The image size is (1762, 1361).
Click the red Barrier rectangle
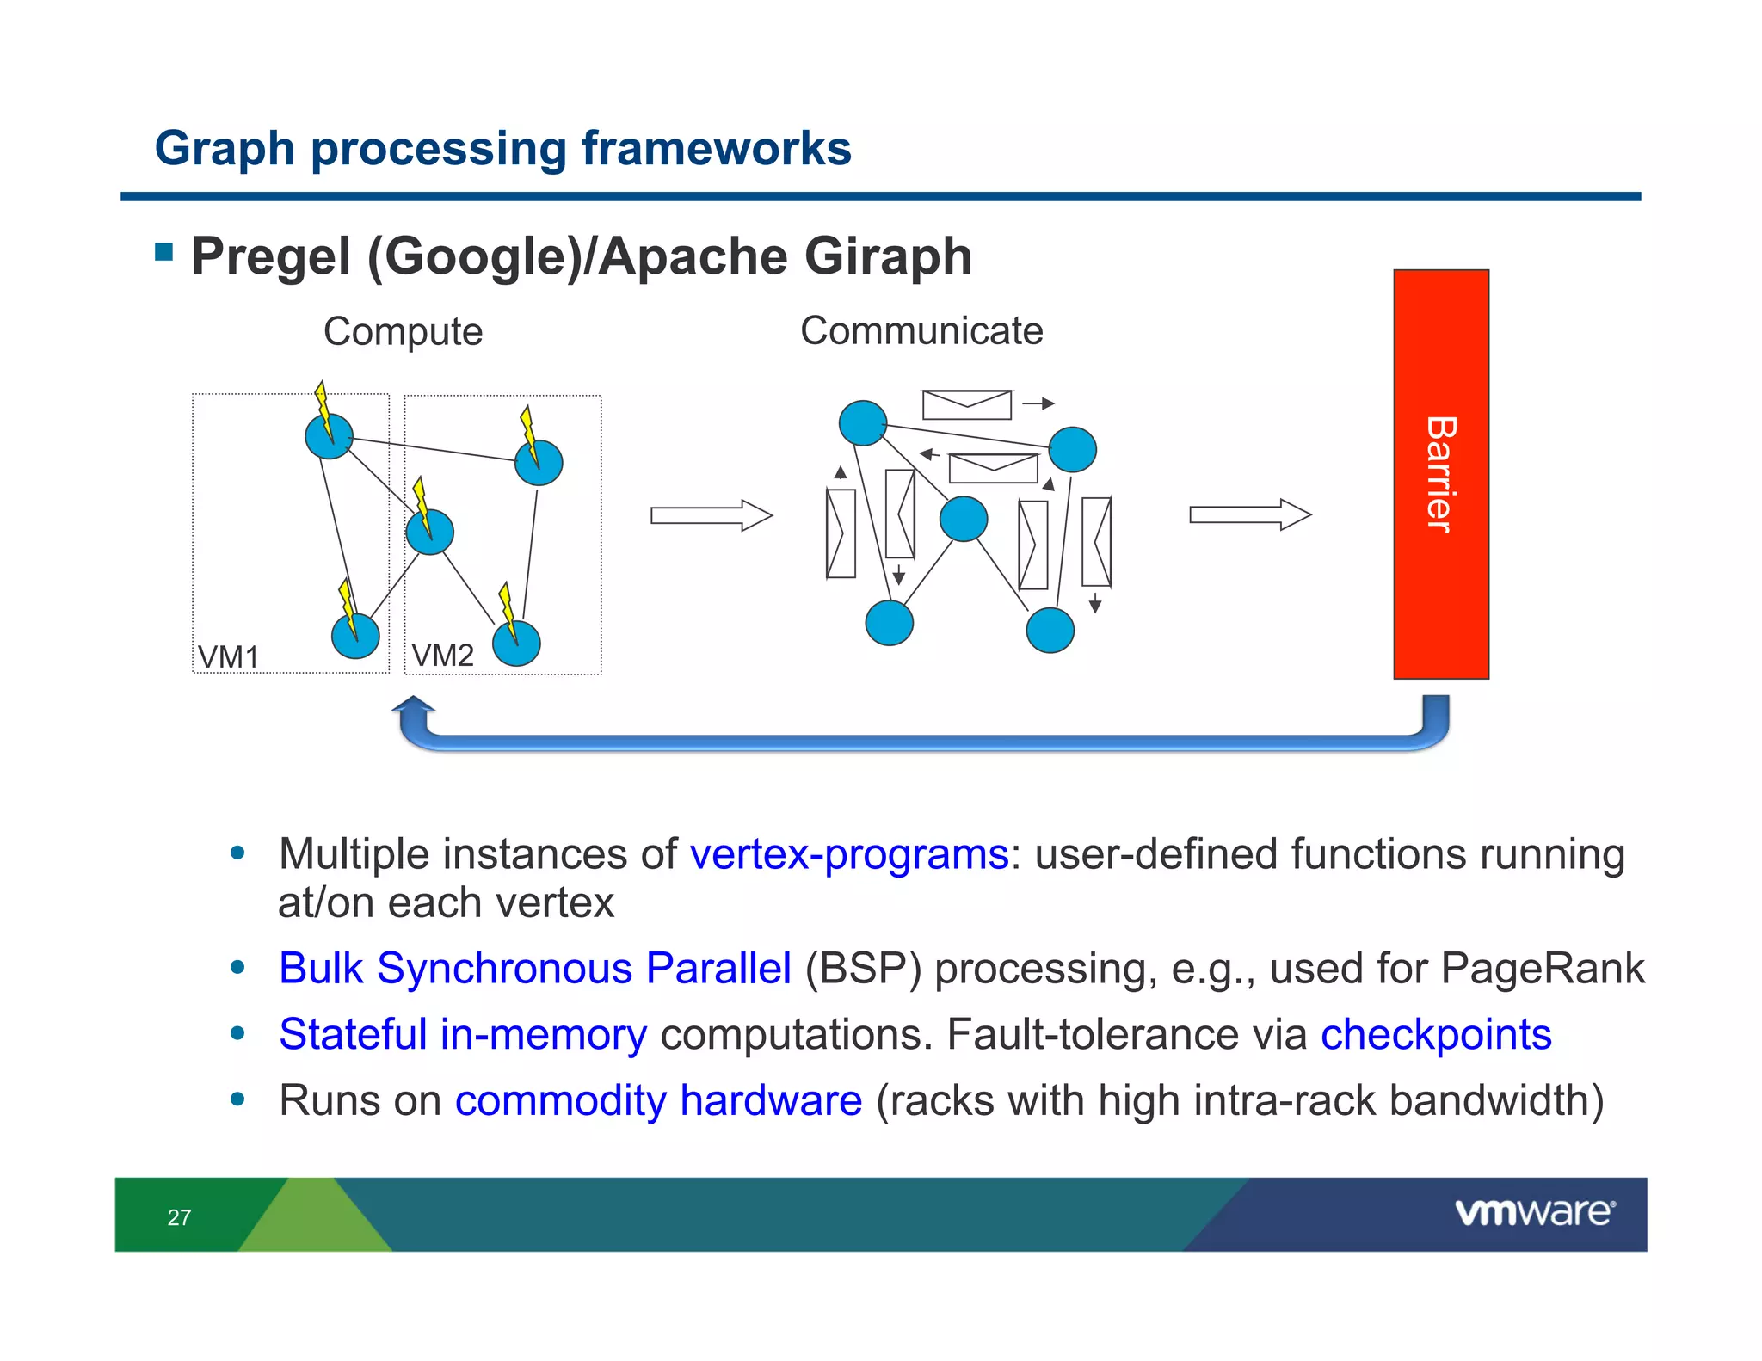[1440, 474]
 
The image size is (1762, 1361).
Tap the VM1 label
[228, 657]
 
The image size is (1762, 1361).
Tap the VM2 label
[442, 656]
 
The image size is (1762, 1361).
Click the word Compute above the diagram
[403, 332]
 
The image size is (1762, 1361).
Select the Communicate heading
[921, 331]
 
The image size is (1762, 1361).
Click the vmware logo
[1535, 1212]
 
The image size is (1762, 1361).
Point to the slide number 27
[179, 1217]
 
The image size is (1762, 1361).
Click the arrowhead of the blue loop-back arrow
[414, 706]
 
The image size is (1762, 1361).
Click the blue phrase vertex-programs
[848, 854]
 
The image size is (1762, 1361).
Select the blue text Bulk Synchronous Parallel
[534, 968]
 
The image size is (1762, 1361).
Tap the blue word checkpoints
[1436, 1034]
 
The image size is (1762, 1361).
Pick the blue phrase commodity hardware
[658, 1100]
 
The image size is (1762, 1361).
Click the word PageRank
[1542, 968]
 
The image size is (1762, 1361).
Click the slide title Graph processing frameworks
[502, 148]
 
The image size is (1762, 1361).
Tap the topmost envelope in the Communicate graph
[966, 404]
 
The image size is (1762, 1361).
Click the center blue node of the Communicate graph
[964, 519]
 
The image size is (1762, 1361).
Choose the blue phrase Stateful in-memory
[463, 1034]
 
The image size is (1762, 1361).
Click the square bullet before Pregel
[164, 252]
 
